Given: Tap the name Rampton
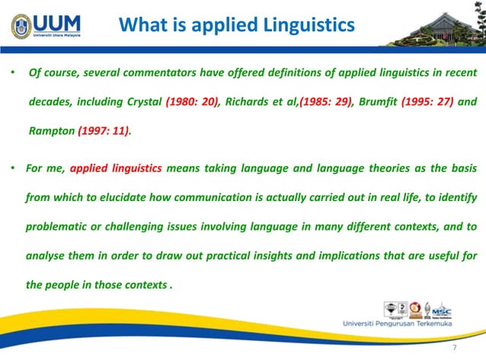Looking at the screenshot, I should [x=51, y=130].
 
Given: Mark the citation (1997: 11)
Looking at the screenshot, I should [x=104, y=130].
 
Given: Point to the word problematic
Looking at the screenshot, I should [x=59, y=227].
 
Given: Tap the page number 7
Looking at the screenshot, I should [x=454, y=348].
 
